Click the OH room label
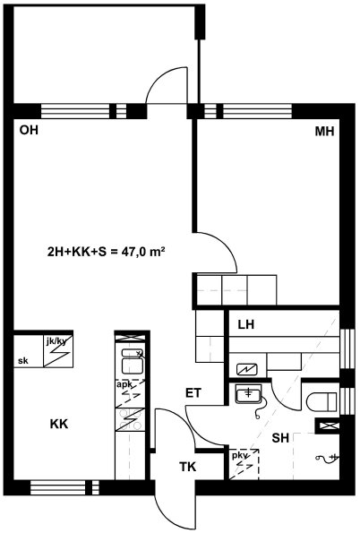click(29, 130)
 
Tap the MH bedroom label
click(324, 131)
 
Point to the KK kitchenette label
click(59, 424)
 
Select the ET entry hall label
click(193, 393)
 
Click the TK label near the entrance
click(188, 467)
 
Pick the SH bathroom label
click(280, 438)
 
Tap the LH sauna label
click(245, 324)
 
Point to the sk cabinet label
click(23, 361)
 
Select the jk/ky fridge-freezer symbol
click(58, 351)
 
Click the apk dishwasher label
click(124, 384)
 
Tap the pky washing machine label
click(240, 455)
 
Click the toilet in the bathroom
click(321, 401)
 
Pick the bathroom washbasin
click(248, 394)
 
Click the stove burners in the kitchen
click(130, 419)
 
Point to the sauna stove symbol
click(247, 368)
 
